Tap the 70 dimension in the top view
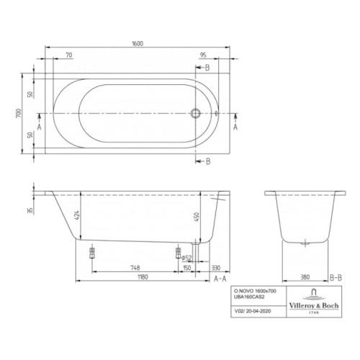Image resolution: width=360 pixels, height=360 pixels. point(69,55)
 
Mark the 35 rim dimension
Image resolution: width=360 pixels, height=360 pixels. point(30,211)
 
